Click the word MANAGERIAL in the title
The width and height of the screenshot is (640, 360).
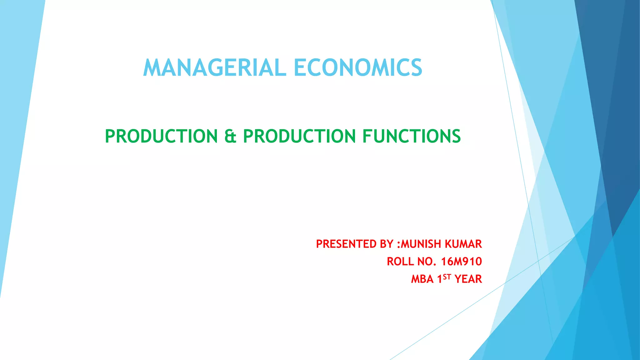(x=215, y=68)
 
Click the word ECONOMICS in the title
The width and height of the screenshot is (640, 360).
(x=358, y=68)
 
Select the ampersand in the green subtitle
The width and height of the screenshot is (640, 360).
(x=230, y=137)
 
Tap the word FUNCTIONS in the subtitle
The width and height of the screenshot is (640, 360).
(x=411, y=137)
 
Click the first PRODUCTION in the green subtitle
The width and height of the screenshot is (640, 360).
(x=161, y=137)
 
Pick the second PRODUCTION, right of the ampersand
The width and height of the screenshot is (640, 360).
(x=299, y=137)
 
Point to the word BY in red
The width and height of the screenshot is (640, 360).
(x=387, y=244)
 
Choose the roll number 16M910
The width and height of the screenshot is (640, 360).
(x=462, y=262)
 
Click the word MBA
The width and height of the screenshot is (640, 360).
(x=422, y=279)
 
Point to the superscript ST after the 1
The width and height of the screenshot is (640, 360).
(x=447, y=277)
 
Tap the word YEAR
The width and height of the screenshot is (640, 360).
(x=468, y=279)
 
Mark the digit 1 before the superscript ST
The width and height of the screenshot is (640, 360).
(x=440, y=279)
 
